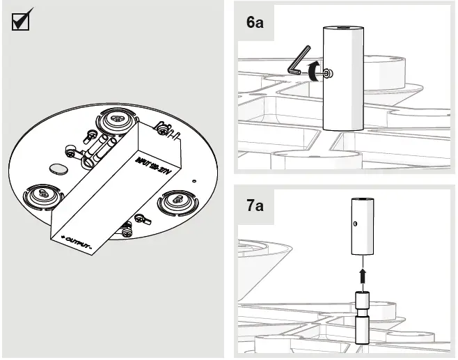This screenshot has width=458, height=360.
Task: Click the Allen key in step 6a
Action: coord(299,63)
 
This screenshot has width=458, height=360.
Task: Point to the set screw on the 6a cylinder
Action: coord(327,73)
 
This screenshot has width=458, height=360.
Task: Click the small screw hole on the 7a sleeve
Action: coord(356,224)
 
